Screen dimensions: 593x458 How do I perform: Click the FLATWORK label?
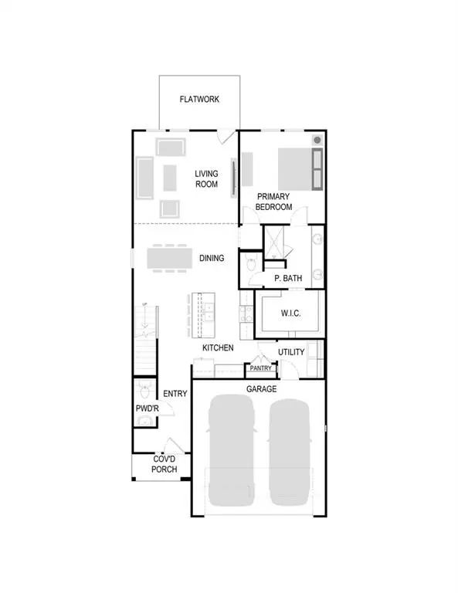(199, 100)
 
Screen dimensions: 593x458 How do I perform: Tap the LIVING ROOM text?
(208, 179)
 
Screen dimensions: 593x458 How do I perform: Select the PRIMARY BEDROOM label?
(274, 202)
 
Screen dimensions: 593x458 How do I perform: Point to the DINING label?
(212, 258)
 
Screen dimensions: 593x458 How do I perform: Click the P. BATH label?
(287, 278)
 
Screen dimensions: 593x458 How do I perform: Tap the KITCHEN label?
(218, 348)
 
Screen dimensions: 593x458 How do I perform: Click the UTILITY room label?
(291, 352)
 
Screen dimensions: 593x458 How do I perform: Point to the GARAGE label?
(261, 389)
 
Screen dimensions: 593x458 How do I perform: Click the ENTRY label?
(175, 394)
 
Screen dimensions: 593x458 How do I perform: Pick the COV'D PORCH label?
(165, 464)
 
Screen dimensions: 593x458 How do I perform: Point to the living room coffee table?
(170, 176)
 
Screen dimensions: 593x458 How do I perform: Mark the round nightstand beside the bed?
(317, 141)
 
